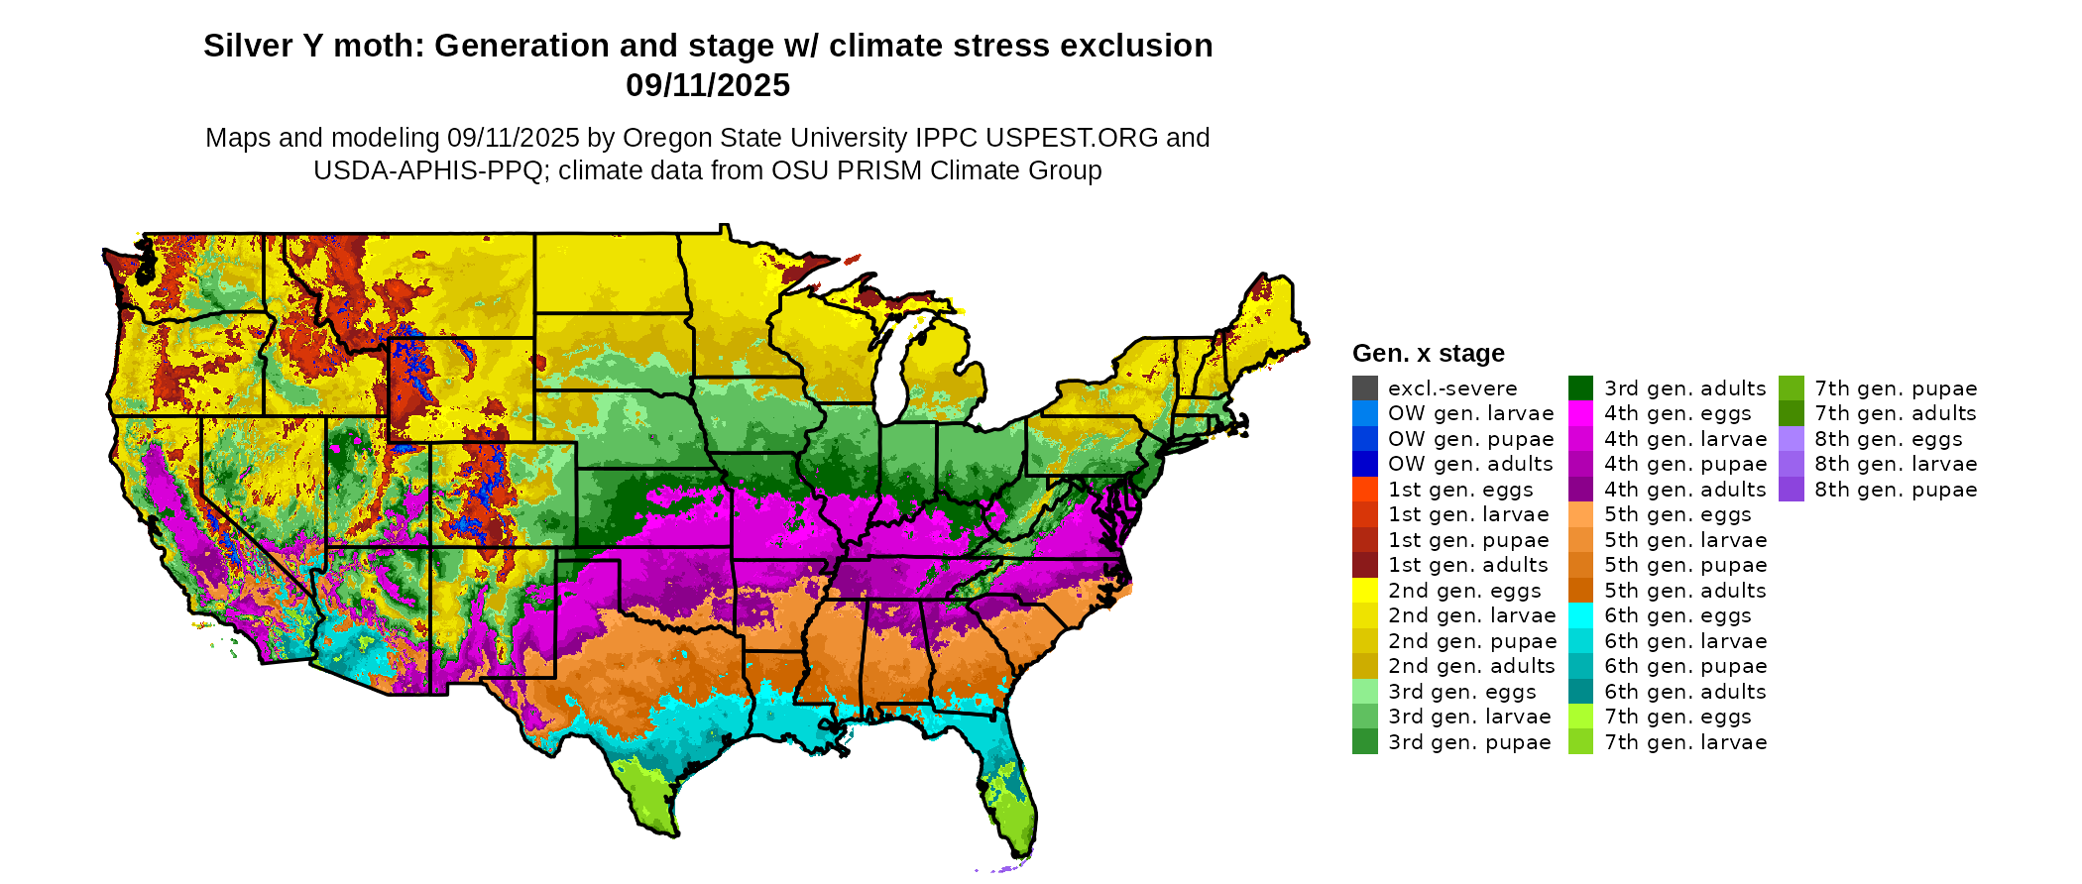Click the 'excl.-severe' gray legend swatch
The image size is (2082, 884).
tap(1364, 388)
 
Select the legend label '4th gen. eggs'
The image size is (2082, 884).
tap(1677, 413)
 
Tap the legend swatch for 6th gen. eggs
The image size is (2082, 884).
tap(1580, 615)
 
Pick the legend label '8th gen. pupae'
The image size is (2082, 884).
tap(1896, 490)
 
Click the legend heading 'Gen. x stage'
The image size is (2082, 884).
tap(1428, 354)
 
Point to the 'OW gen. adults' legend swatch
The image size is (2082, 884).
tap(1364, 464)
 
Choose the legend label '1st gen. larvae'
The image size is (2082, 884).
tap(1467, 514)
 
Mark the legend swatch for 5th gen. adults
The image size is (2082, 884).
tap(1580, 591)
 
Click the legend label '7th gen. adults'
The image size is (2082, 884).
tap(1895, 413)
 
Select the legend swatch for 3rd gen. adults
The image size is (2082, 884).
tap(1580, 388)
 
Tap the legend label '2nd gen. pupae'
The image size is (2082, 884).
tap(1471, 641)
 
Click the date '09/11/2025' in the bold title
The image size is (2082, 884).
tap(707, 85)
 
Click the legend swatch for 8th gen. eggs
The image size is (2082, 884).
tap(1791, 439)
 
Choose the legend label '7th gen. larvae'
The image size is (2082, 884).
tap(1685, 742)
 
